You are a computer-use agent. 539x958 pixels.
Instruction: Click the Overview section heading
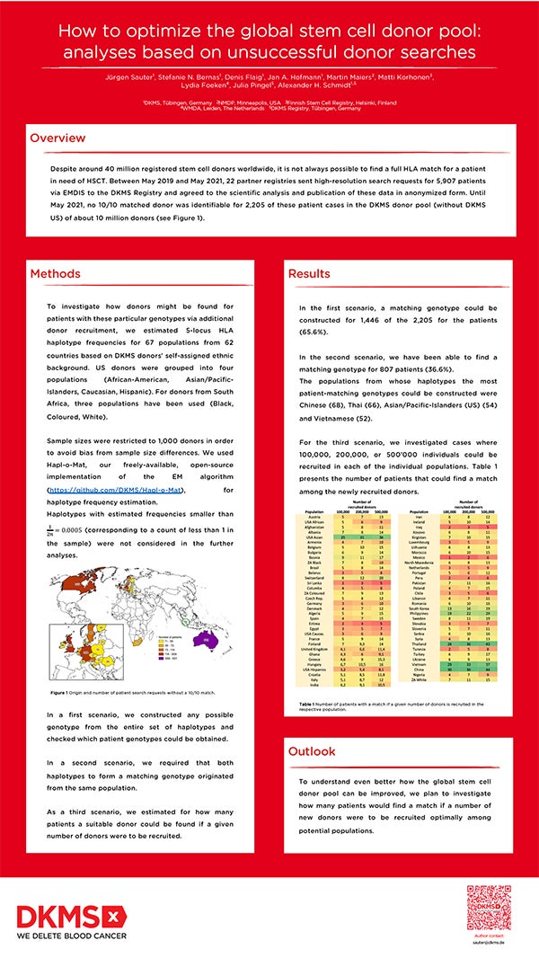click(x=57, y=138)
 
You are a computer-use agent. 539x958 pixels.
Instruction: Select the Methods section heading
click(x=55, y=273)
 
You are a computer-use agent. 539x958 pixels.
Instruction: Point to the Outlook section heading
click(x=314, y=750)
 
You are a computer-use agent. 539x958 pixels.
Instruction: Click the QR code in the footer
click(x=490, y=907)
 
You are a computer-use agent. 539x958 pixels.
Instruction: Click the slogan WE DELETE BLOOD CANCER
click(x=73, y=937)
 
